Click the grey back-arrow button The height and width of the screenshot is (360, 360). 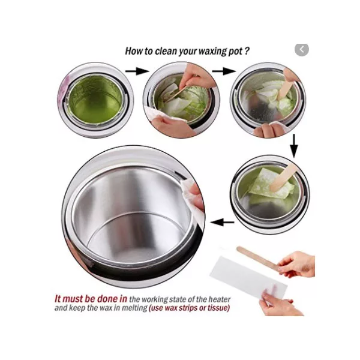pos(301,50)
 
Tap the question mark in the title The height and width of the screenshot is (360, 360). pos(247,51)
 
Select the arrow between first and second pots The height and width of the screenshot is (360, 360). pos(137,71)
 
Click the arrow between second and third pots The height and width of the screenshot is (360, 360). pos(224,71)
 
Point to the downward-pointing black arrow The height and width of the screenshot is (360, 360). pos(294,146)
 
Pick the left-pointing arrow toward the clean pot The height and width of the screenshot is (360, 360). pos(222,222)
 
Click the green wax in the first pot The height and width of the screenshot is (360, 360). pos(96,100)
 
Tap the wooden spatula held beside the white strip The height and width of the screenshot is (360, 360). pos(259,258)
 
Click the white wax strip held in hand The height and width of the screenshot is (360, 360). pos(248,277)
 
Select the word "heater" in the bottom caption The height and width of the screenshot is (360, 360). pos(219,299)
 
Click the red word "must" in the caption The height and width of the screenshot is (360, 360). pos(73,299)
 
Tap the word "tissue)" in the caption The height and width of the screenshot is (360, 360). pos(218,308)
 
